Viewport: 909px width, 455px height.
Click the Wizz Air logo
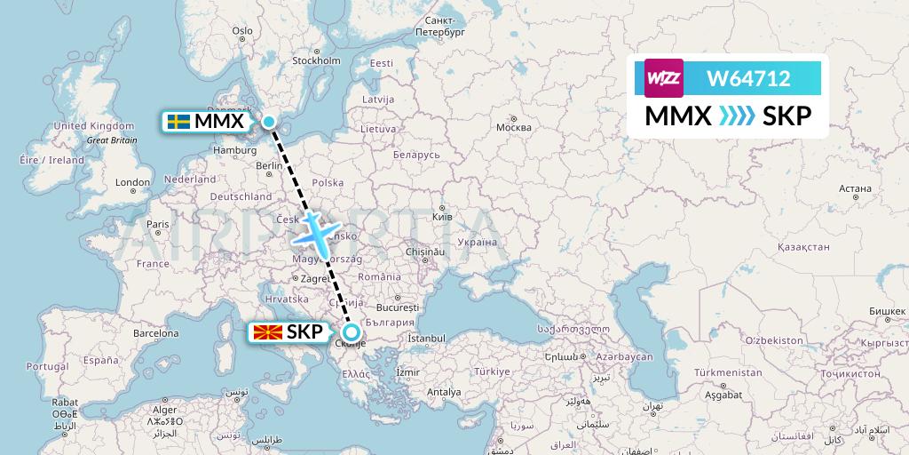664,78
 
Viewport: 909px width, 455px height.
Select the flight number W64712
747,79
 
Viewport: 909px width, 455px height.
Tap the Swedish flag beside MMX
178,121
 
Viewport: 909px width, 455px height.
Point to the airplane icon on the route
316,233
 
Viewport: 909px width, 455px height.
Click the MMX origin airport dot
269,121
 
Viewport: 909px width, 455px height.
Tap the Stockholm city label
316,61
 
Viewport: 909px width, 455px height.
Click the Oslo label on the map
242,30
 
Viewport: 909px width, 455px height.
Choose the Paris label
157,224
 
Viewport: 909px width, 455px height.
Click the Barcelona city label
156,332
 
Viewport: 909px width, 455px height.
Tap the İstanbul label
425,339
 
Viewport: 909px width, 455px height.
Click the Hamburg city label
234,151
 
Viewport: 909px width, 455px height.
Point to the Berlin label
268,165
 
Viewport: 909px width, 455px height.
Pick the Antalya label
444,392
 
